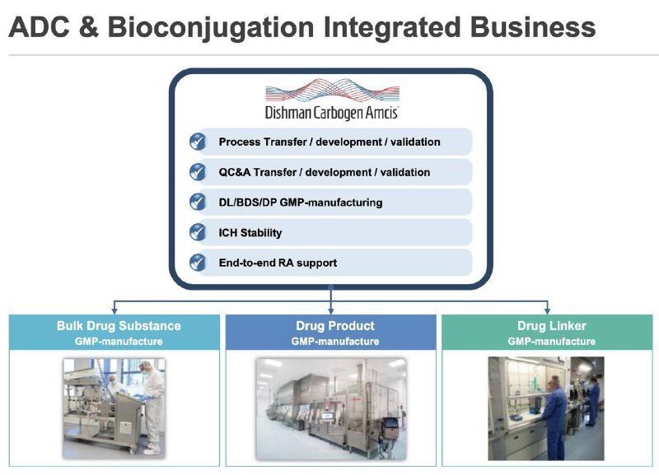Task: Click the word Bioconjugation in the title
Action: (x=211, y=28)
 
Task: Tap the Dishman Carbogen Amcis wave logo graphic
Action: (x=332, y=90)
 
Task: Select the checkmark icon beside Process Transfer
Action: (x=198, y=142)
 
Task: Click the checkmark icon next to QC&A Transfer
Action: (x=198, y=172)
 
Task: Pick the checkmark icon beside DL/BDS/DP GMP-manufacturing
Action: (x=198, y=203)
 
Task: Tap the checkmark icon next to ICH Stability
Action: (x=198, y=232)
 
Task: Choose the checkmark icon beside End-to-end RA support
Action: (x=198, y=263)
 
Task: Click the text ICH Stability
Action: (x=250, y=233)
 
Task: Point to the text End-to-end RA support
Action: (x=278, y=263)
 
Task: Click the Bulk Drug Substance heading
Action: (x=119, y=326)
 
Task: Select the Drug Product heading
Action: (x=335, y=326)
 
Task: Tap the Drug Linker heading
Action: (x=551, y=326)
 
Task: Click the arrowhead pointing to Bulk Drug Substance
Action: (x=115, y=311)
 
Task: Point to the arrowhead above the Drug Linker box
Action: (x=547, y=311)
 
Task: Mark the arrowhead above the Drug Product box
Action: (x=331, y=311)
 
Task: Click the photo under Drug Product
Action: (x=331, y=408)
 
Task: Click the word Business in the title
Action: (x=532, y=27)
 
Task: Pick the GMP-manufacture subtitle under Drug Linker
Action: (x=551, y=342)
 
